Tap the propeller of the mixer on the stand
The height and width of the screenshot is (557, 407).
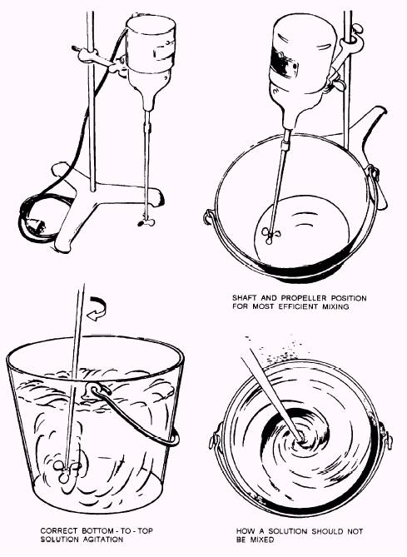click(x=146, y=222)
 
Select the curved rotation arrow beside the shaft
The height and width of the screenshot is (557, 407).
click(x=97, y=309)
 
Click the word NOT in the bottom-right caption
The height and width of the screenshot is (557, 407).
click(x=355, y=531)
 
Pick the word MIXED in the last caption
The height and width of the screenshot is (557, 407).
click(x=261, y=540)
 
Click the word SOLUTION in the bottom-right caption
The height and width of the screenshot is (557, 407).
click(x=288, y=531)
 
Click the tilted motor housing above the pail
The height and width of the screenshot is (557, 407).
click(x=303, y=67)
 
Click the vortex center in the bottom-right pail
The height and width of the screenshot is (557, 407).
click(x=300, y=438)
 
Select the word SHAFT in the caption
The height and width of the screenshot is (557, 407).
click(x=245, y=298)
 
